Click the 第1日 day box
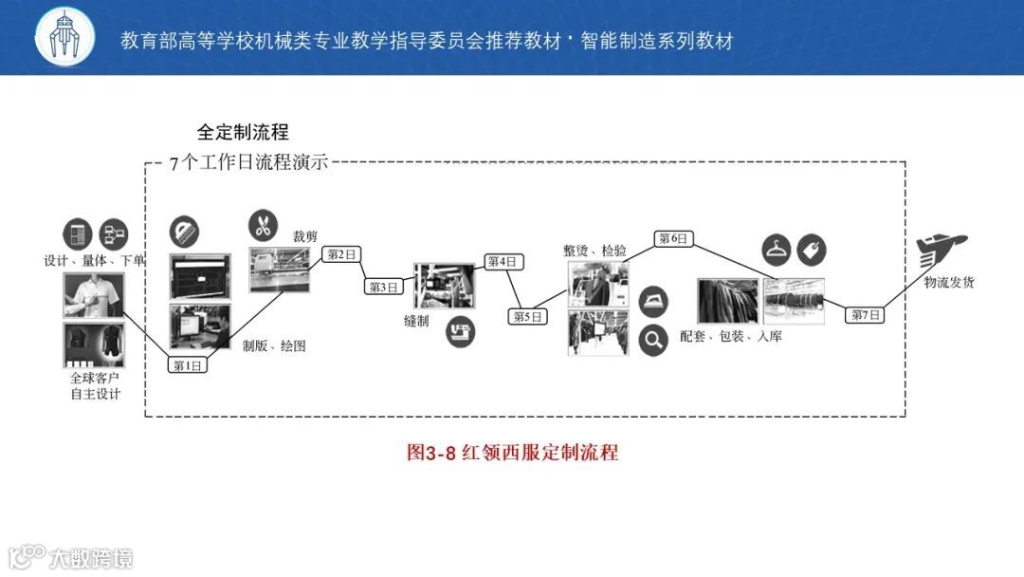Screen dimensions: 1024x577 [188, 365]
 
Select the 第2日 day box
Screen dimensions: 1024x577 [342, 254]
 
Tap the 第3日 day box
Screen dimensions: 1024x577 [384, 287]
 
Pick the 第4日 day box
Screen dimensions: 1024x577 [503, 261]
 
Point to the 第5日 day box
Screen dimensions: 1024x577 [528, 317]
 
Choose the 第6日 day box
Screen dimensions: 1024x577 [673, 238]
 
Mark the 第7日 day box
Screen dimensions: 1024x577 [865, 315]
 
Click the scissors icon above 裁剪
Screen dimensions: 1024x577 [264, 226]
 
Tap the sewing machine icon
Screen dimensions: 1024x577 [462, 331]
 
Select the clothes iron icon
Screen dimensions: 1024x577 [653, 302]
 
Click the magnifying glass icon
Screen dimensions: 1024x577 [653, 339]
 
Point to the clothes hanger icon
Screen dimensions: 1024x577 [777, 251]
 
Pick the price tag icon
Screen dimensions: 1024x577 [812, 251]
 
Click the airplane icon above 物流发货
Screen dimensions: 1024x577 [942, 251]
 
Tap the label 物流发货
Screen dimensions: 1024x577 [949, 282]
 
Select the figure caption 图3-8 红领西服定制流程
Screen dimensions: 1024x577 [512, 452]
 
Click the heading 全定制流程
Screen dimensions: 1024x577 [243, 132]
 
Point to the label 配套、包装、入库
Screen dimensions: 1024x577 [731, 336]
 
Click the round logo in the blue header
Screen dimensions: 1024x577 [65, 38]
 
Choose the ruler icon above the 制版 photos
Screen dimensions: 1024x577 [185, 232]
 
